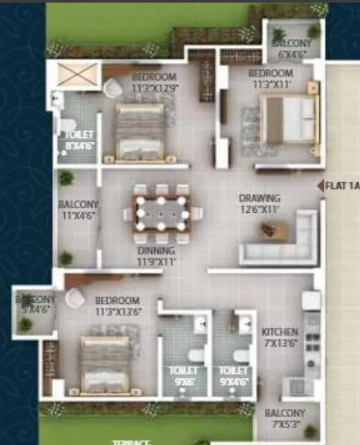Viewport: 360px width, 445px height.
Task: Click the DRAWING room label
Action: point(260,198)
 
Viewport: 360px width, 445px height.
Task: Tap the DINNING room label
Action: point(155,250)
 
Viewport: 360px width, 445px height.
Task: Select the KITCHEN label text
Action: point(280,332)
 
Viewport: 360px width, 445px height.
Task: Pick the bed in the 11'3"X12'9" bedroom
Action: point(141,131)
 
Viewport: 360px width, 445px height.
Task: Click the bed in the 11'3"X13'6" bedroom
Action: point(106,364)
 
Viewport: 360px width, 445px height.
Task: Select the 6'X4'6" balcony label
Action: point(291,48)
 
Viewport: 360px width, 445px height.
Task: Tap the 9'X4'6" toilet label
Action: point(234,376)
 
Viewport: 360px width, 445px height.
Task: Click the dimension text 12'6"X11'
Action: point(259,209)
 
